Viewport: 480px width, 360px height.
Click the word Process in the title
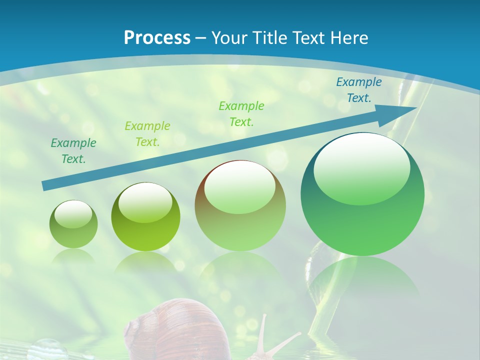click(x=157, y=38)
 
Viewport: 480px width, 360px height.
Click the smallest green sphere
click(x=73, y=224)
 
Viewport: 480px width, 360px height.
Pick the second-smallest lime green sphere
click(x=145, y=217)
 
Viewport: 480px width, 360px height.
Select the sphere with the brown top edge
click(x=240, y=206)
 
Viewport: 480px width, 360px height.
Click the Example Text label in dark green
click(x=73, y=151)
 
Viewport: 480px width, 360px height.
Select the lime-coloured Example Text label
click(x=147, y=133)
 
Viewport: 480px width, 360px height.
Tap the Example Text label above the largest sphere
click(x=359, y=90)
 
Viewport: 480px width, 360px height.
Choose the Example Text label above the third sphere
click(x=241, y=113)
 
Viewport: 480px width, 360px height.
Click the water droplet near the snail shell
click(x=48, y=349)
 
